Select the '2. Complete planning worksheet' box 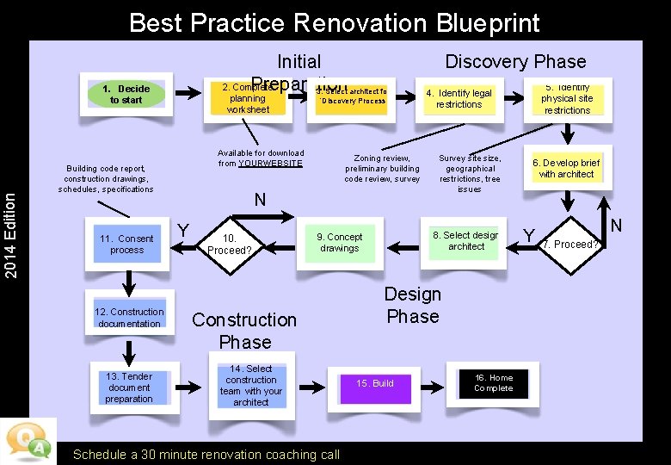248,98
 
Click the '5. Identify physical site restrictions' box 567,99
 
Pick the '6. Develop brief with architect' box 566,168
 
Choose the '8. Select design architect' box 465,241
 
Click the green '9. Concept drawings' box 340,243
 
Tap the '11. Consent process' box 127,245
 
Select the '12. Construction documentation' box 129,318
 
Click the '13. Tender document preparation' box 129,387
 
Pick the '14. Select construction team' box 250,385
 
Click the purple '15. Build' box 375,383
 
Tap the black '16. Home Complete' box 494,383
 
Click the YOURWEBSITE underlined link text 271,164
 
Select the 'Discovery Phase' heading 514,62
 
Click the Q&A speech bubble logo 28,440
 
